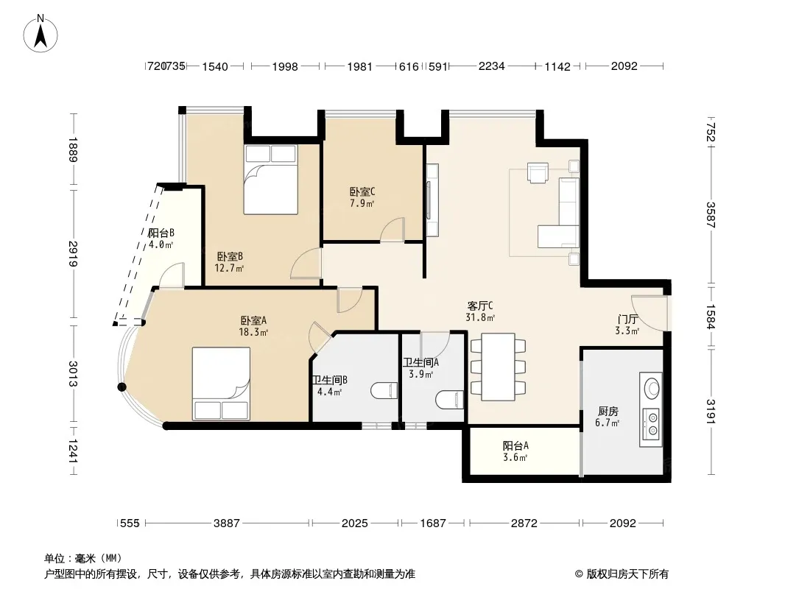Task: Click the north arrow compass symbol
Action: pos(41,33)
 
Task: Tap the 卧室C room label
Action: pos(362,191)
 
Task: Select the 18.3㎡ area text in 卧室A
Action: pos(253,332)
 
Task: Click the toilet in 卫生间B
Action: pos(384,390)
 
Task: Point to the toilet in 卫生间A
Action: pos(450,399)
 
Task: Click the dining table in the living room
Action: pos(498,367)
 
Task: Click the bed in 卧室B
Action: pos(270,180)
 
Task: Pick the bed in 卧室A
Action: pos(221,384)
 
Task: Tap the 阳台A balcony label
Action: pos(515,445)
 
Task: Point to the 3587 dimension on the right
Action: pos(711,215)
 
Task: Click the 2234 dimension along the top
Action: pos(492,66)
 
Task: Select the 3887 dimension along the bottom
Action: pos(227,523)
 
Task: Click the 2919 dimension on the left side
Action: pos(73,254)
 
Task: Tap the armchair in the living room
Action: pos(537,172)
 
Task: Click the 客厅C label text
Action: pos(479,306)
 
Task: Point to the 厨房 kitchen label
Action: pos(608,412)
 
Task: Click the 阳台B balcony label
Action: pos(161,233)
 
